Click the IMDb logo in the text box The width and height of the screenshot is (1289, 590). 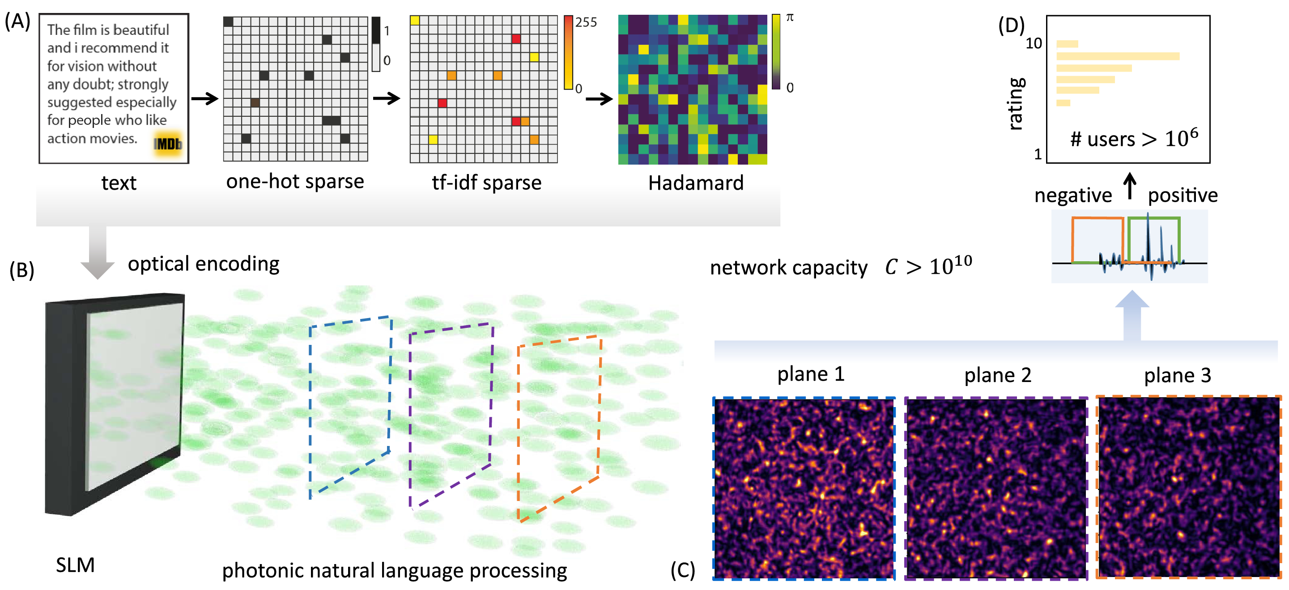pos(168,144)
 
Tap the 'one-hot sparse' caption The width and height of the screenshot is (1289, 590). pos(295,181)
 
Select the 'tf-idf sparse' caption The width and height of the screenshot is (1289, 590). pos(486,182)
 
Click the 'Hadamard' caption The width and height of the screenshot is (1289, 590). pos(696,183)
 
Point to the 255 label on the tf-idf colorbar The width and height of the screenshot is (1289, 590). pos(586,22)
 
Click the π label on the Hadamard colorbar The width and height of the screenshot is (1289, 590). pos(790,17)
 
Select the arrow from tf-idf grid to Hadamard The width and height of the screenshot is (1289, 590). pos(599,99)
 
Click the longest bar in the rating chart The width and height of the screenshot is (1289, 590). pos(1118,56)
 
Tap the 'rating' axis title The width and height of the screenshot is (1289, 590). pos(1016,104)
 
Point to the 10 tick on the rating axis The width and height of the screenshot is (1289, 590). pos(1034,43)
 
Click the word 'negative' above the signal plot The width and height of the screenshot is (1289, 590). pos(1073,195)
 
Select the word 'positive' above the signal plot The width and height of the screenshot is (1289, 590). pos(1183,195)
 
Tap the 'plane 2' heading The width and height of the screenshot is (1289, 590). pos(997,375)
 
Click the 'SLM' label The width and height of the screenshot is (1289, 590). pos(75,565)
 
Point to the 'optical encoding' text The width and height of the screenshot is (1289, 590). pos(203,264)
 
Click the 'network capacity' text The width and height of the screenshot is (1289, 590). pos(789,268)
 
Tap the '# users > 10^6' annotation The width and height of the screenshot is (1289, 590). pos(1134,138)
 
